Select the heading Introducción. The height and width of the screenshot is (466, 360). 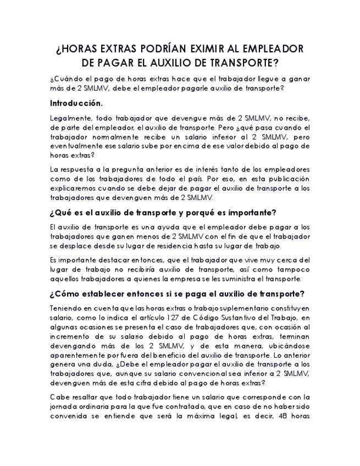(x=76, y=103)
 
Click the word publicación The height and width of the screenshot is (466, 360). (x=287, y=179)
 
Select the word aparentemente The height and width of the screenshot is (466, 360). (x=78, y=355)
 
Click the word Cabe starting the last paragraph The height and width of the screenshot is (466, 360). (x=59, y=397)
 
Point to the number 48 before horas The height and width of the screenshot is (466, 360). (x=283, y=415)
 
